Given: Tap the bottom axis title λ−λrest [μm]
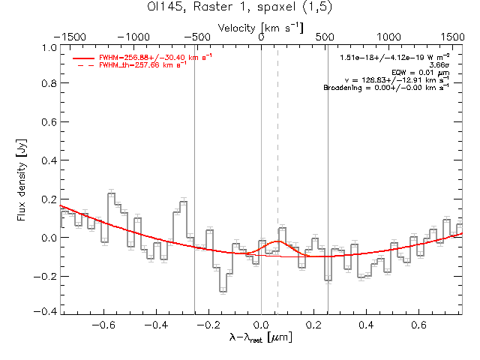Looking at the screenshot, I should pos(261,338).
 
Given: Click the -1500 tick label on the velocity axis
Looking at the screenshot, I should pos(72,36).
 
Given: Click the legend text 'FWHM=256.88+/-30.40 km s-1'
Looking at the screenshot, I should pos(142,57).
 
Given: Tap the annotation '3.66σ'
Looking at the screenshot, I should pos(439,65).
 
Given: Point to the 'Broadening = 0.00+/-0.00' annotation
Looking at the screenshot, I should pos(386,88).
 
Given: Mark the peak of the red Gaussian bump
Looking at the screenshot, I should pos(277,241).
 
